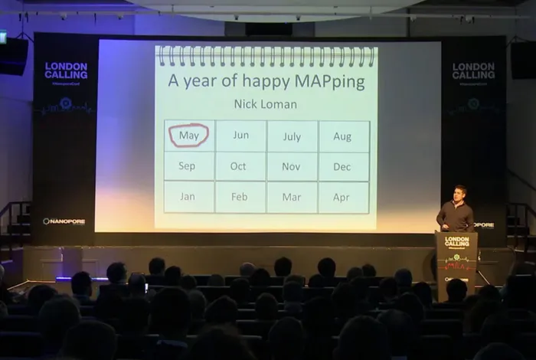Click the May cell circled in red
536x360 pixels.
(188, 136)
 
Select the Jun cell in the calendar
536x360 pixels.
(240, 136)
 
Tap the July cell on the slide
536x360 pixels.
(292, 136)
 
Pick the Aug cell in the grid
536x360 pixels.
(342, 136)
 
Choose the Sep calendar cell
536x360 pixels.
(187, 166)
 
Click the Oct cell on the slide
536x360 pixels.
(238, 166)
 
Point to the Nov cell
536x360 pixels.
(291, 166)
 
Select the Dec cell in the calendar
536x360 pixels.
(342, 166)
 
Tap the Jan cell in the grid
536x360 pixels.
(188, 196)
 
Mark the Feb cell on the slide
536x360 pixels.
(239, 197)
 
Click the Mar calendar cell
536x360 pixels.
(291, 197)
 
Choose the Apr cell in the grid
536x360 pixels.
(342, 197)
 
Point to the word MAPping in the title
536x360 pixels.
(324, 80)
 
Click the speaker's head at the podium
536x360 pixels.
(459, 192)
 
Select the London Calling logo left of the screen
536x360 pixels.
(66, 70)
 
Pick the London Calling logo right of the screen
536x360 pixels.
(473, 70)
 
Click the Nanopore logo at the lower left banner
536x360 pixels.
(64, 221)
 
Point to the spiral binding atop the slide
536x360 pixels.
(266, 56)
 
